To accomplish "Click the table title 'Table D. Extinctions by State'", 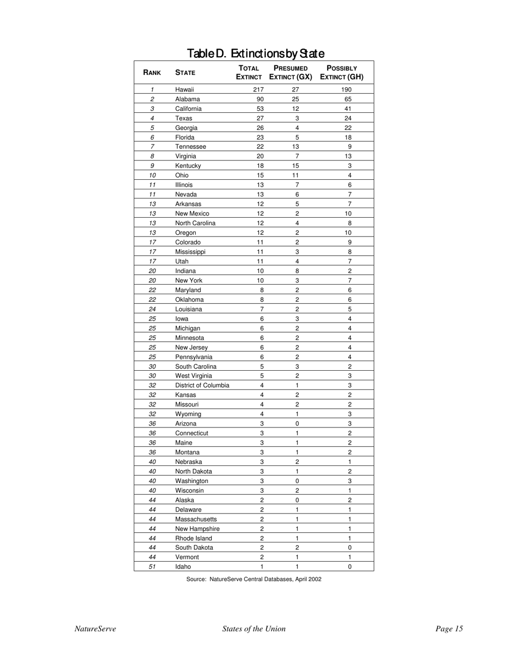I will [x=255, y=53].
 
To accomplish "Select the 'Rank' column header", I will [x=152, y=73].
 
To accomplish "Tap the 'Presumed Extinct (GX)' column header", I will [x=290, y=73].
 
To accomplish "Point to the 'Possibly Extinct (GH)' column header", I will [x=342, y=73].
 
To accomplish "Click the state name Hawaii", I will [x=184, y=90].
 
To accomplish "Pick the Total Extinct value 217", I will [x=258, y=90].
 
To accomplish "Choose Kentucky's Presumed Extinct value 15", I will [x=297, y=166].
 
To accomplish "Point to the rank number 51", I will [x=152, y=567].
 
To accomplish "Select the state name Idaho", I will [x=183, y=567].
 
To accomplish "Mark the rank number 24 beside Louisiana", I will [x=152, y=309].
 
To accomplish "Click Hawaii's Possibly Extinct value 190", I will [x=349, y=90].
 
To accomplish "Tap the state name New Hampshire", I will [x=197, y=529].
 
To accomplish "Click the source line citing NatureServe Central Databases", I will [x=253, y=579].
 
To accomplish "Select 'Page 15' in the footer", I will [x=449, y=629].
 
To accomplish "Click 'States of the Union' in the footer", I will [x=253, y=629].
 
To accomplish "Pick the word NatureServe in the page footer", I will [x=95, y=629].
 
